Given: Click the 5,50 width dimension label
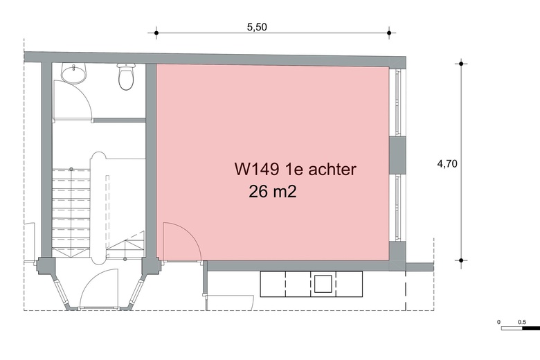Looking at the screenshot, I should click(257, 27).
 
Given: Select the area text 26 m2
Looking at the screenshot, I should click(272, 192).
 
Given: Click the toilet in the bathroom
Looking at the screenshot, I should click(126, 78).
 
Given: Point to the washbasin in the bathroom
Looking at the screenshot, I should click(72, 72).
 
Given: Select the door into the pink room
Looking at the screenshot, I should click(181, 242).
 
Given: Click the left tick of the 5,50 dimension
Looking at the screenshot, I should click(156, 33).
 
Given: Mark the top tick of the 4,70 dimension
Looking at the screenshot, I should click(461, 64).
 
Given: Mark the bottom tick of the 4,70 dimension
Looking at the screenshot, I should click(461, 261).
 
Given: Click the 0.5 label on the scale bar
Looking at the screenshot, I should click(521, 322).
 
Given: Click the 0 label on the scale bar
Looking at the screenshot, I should click(499, 322).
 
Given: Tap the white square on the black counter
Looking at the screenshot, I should click(323, 283).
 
